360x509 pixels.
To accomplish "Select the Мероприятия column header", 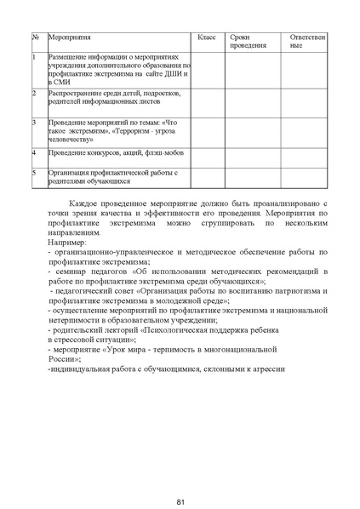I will [69, 39].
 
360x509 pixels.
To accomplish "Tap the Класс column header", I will [207, 39].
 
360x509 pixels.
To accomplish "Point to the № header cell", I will [35, 39].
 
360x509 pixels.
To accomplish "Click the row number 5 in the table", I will [34, 171].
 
